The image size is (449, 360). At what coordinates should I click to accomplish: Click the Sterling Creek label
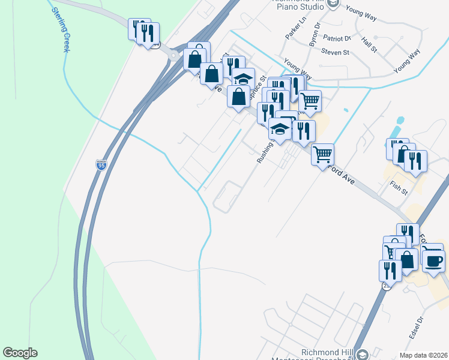coord(61,29)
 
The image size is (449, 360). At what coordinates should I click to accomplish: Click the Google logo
coord(20,353)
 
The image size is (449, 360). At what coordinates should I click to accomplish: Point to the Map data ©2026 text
coord(423,355)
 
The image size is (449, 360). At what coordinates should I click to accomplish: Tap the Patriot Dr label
coord(336,37)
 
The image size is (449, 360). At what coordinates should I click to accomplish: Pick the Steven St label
coord(335,52)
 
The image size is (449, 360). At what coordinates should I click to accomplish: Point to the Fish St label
coord(398,188)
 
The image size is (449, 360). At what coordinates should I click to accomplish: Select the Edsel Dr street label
coord(416,328)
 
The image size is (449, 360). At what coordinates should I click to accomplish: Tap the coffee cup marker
coord(433,259)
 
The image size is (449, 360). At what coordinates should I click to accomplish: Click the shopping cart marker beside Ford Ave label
coord(322,154)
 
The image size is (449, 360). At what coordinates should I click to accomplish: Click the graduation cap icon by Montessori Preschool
coord(363,355)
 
